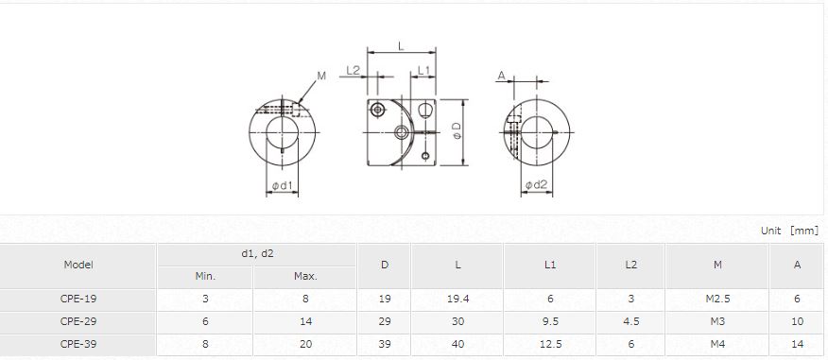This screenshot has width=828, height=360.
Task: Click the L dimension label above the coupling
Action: (x=401, y=46)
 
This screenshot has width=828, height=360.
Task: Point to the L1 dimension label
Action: (x=424, y=70)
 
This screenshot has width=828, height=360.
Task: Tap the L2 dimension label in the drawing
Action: (x=353, y=70)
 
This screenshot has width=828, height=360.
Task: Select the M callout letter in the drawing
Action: (x=321, y=76)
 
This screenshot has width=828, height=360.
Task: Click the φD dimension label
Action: (x=457, y=131)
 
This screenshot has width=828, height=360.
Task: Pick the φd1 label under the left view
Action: (x=282, y=185)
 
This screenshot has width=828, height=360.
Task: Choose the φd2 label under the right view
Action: (x=537, y=185)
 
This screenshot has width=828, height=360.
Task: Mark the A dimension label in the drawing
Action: (x=501, y=76)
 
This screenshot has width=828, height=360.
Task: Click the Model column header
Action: (x=78, y=265)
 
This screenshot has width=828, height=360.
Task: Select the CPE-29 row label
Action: (x=78, y=321)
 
